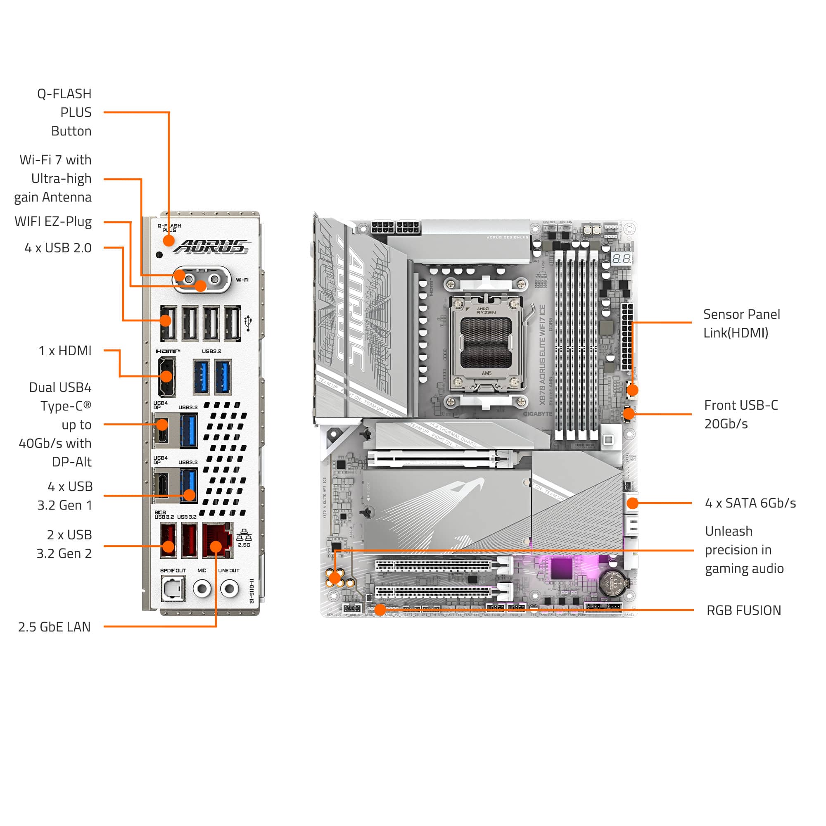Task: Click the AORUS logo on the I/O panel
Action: tap(212, 247)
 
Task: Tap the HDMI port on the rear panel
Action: tap(166, 377)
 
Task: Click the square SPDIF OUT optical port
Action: tap(173, 589)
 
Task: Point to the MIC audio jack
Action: tap(202, 589)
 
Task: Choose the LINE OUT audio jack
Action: tap(230, 589)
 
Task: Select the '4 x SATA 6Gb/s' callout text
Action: tap(750, 503)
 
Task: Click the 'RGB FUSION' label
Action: tap(743, 610)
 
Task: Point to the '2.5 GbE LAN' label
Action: tap(54, 627)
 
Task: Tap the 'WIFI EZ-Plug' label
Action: tap(53, 221)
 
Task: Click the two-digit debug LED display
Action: tap(621, 258)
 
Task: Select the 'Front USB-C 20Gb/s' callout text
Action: tap(741, 414)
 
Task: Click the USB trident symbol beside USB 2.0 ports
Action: tap(248, 323)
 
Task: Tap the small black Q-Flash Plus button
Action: tap(159, 255)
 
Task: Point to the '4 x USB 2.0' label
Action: tap(58, 248)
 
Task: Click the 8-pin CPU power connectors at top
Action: tap(396, 227)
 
